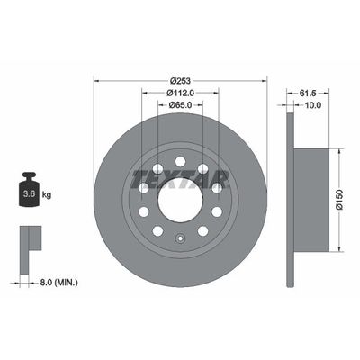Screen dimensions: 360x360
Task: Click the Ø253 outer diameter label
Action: (181, 78)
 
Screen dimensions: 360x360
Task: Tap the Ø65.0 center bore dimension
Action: (181, 105)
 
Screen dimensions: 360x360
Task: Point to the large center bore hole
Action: (180, 200)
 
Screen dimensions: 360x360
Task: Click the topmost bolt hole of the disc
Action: (180, 163)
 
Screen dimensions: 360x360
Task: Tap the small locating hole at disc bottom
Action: (180, 239)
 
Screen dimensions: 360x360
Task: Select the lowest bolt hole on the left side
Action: (157, 230)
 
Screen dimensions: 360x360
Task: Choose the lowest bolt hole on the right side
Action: (202, 230)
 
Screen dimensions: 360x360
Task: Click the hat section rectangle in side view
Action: (298, 200)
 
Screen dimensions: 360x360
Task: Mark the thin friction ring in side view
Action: (288, 200)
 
